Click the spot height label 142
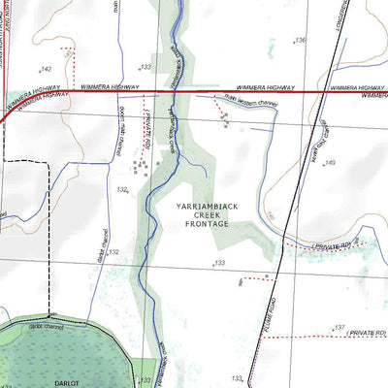(47, 70)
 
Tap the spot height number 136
(301, 41)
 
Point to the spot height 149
(330, 163)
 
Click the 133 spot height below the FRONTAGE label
(220, 263)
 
